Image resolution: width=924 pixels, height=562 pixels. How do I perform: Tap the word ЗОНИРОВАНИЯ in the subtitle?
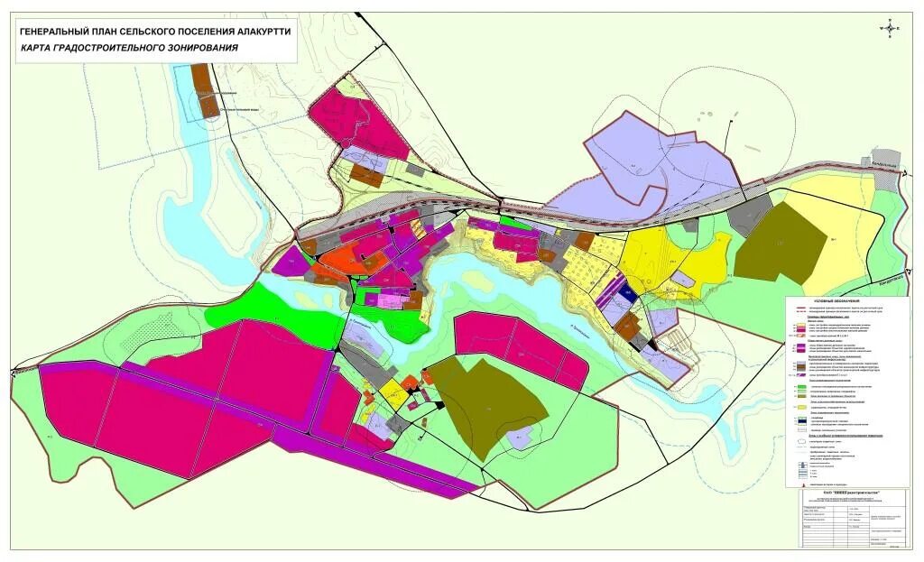[195, 47]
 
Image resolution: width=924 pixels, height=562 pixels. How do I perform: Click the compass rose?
[892, 28]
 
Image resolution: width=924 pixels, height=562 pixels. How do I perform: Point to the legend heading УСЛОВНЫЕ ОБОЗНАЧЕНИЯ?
[837, 299]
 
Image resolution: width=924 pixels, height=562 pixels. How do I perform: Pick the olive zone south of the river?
[492, 406]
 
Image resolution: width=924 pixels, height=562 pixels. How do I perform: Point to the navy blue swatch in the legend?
[800, 419]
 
